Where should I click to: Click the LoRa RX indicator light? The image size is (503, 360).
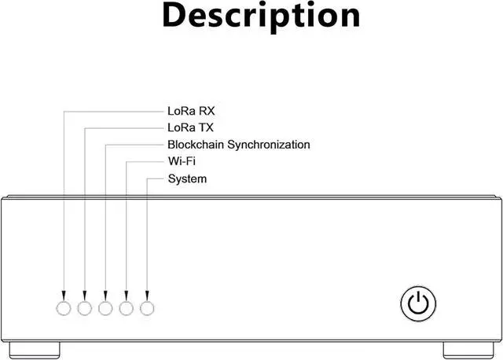tap(64, 307)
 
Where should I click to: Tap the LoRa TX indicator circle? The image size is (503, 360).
tap(85, 307)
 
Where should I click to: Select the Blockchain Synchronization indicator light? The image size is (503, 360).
tap(106, 307)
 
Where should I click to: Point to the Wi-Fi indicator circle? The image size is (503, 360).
tap(127, 307)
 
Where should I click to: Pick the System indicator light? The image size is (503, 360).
tap(147, 307)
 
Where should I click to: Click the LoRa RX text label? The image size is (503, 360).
tap(191, 111)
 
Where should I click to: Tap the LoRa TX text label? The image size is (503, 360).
tap(190, 127)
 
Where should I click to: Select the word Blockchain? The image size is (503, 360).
tap(196, 145)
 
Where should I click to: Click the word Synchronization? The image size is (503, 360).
tap(269, 145)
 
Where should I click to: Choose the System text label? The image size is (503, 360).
tap(187, 179)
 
